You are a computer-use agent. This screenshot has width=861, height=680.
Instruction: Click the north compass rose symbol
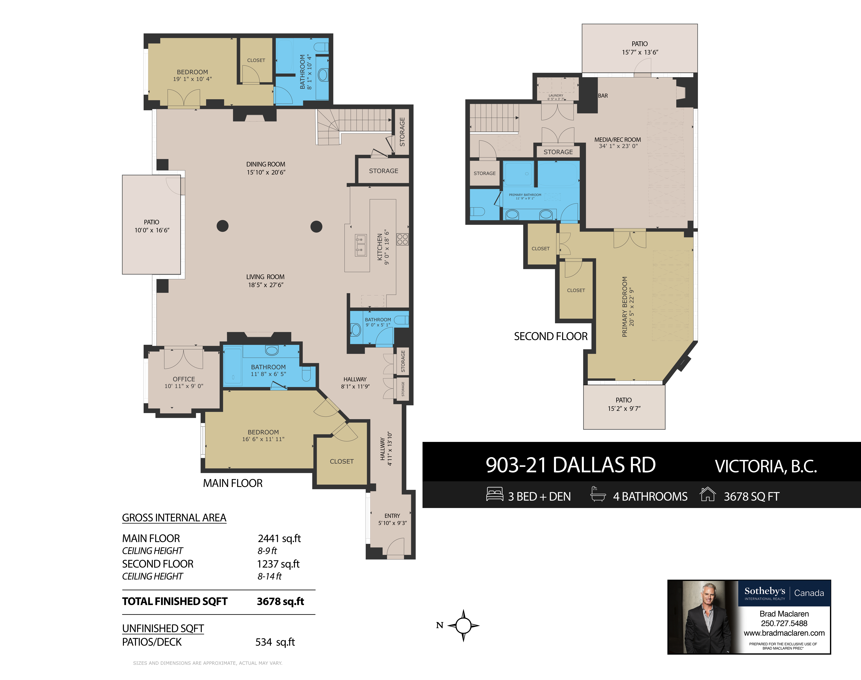[463, 625]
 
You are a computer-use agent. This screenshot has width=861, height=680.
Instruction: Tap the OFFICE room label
[184, 379]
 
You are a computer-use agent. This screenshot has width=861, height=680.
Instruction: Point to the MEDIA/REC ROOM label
[617, 140]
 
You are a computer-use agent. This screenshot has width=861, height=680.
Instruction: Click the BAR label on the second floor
[603, 96]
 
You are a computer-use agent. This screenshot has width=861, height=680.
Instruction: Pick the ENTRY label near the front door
[392, 516]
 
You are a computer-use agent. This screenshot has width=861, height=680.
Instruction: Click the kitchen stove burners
[402, 239]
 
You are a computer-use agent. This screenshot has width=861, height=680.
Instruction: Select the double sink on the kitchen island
[361, 245]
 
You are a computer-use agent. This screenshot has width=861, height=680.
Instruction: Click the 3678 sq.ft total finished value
[281, 601]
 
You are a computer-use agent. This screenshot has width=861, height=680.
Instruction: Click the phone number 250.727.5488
[784, 623]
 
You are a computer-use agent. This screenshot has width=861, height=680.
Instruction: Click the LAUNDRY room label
[556, 96]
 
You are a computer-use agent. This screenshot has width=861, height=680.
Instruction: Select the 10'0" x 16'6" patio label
[152, 230]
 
